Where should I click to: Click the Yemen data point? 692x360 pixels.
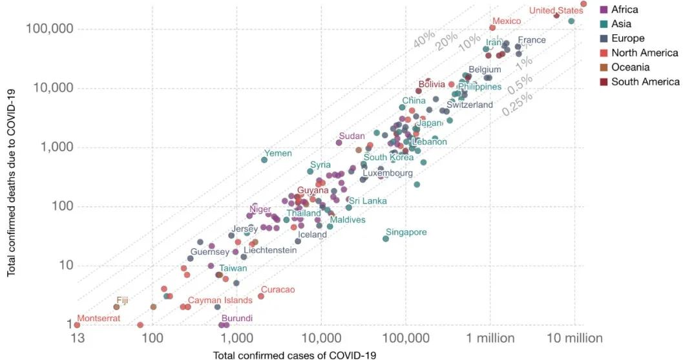pos(264,160)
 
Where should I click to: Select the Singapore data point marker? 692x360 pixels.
pos(386,238)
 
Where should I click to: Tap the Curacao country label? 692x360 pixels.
pos(278,290)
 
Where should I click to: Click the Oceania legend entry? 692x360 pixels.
pos(630,67)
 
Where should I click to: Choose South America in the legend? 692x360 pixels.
pos(645,81)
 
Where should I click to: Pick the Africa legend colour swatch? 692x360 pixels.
pos(603,10)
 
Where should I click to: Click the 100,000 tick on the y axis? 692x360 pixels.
pos(50,29)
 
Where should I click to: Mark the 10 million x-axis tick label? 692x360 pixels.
pos(574,338)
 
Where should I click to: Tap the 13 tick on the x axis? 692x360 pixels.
pos(78,338)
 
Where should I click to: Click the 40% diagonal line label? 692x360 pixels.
pos(424,39)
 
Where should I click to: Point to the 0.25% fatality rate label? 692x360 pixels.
pos(517,104)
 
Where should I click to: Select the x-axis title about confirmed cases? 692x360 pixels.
pos(294,354)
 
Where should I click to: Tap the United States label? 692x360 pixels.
pos(556,10)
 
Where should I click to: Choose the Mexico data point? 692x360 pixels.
pos(492,28)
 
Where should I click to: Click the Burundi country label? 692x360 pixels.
pos(237,318)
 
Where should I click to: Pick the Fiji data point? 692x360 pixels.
pos(116,307)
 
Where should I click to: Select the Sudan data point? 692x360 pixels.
pos(339,142)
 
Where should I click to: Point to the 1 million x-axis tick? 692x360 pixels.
pos(490,338)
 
